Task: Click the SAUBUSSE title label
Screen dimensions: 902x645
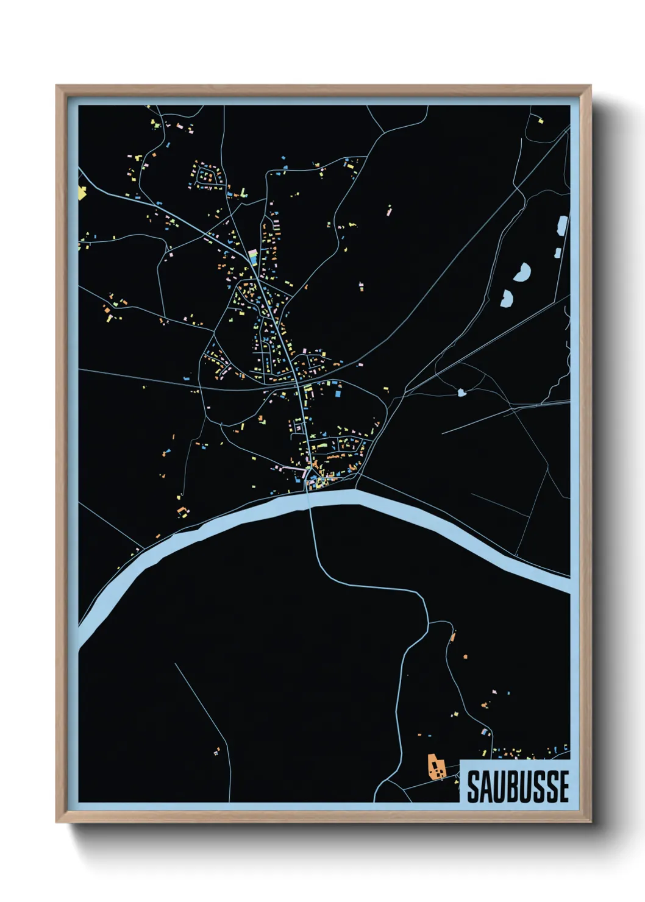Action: click(518, 786)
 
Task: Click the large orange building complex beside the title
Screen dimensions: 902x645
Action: click(435, 767)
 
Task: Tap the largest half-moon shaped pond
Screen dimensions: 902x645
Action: click(522, 272)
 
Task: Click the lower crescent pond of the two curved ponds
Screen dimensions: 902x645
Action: click(507, 298)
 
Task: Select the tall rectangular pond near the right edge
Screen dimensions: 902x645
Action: click(562, 225)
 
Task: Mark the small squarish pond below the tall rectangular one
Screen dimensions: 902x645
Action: click(557, 252)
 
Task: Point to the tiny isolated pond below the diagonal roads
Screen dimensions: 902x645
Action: click(461, 392)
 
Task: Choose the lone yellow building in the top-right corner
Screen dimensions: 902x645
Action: click(540, 121)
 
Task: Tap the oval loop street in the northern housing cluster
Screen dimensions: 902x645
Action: click(205, 176)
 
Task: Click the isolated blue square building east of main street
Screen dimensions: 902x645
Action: click(337, 393)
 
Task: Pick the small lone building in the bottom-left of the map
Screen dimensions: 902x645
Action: click(216, 753)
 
